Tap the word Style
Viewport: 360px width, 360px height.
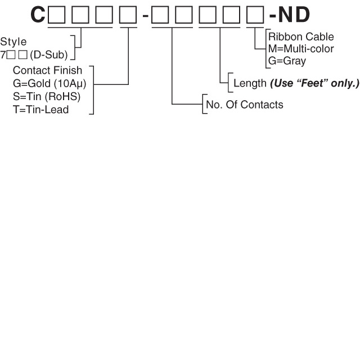(13, 41)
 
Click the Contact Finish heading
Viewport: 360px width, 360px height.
(47, 70)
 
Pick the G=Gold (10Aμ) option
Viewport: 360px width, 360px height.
(49, 84)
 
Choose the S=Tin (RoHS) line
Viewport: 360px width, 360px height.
(47, 97)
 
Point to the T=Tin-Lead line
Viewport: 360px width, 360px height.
(40, 110)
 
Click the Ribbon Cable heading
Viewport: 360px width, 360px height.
(301, 37)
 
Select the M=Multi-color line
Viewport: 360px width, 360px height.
(301, 49)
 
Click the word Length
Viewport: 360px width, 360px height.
(250, 84)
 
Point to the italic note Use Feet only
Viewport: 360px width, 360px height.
(314, 84)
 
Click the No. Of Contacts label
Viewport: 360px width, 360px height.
(245, 105)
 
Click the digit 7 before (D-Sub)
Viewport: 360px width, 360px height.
(3, 56)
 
